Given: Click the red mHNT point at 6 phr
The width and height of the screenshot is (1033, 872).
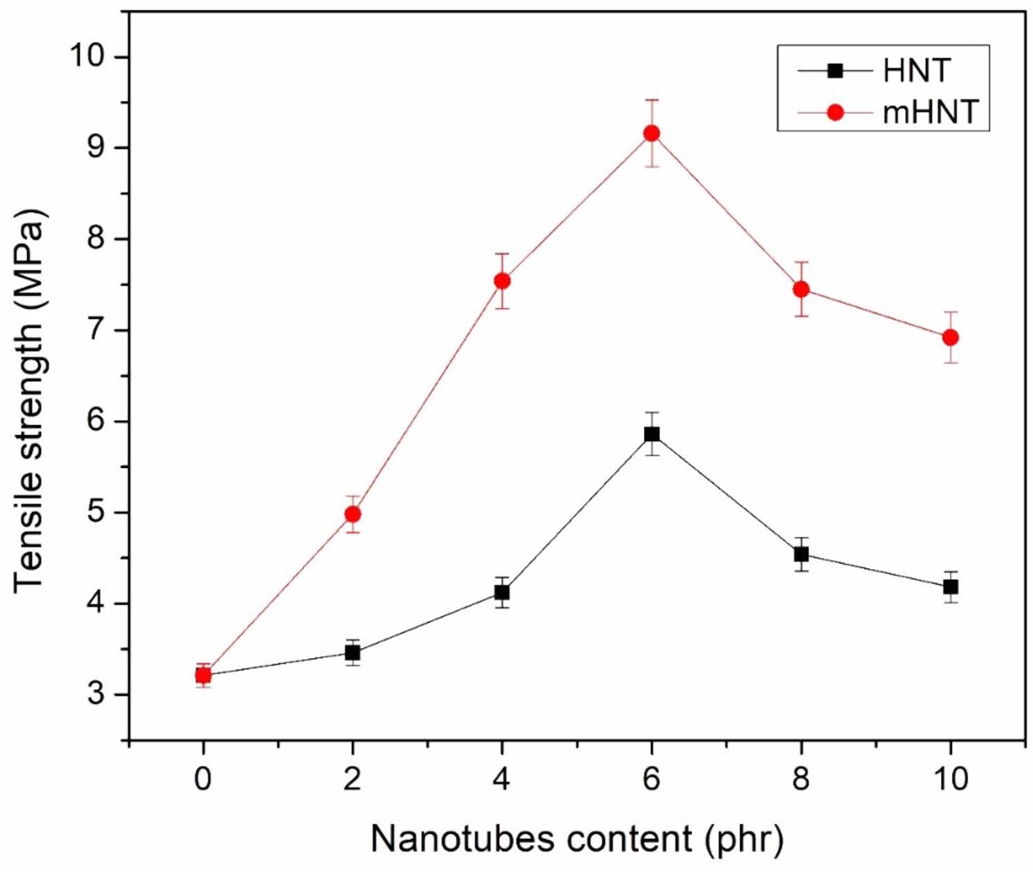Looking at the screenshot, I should point(652,133).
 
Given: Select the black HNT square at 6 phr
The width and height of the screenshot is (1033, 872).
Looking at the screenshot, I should point(652,434).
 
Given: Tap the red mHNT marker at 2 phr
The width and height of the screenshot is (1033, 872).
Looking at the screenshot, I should point(352,514).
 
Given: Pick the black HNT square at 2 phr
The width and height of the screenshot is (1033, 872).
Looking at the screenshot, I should point(352,652).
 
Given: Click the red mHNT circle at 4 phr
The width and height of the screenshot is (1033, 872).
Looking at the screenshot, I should point(502,281).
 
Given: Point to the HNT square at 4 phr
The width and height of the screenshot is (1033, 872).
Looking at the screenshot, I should point(502,592).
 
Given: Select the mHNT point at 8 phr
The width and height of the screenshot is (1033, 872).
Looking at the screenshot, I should point(801,289).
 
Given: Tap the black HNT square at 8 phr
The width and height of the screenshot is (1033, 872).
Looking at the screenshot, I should point(801,554).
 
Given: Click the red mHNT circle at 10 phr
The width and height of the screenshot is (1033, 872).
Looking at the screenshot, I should point(951,337).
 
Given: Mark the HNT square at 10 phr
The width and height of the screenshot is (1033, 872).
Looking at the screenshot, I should point(951,587).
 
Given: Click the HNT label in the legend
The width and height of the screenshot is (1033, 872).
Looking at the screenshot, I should point(917,71).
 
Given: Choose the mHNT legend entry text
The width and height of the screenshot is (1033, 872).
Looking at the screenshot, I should point(930,111).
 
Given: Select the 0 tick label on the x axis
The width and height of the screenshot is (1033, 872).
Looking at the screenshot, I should point(203,780).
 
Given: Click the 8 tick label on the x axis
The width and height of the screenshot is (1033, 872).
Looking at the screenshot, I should point(801,780).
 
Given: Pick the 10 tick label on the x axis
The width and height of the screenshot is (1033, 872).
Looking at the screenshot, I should point(951,780).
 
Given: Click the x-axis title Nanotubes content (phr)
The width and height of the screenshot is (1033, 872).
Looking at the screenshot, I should point(577,839).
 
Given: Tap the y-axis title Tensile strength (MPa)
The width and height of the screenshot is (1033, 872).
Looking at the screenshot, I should point(29,399).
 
